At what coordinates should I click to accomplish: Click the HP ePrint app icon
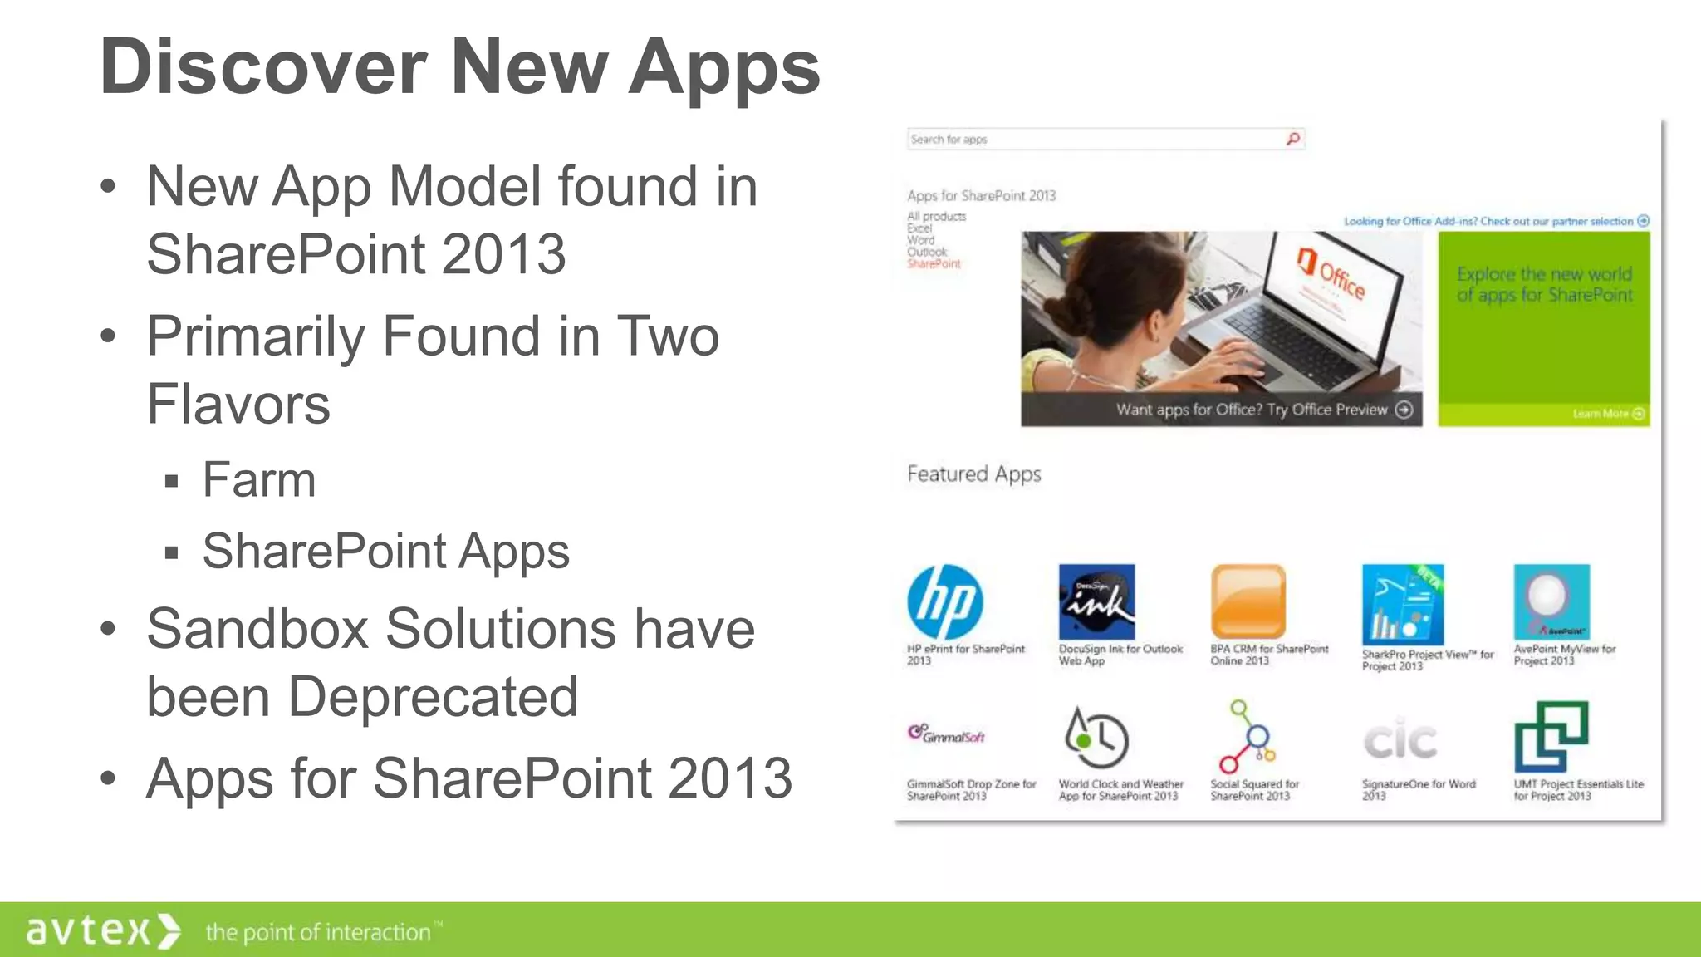click(945, 602)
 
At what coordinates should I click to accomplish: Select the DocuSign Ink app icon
click(1096, 602)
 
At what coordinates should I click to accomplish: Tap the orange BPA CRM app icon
click(1248, 602)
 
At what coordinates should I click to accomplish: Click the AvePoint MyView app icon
click(1551, 602)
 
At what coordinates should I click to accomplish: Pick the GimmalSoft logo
click(946, 735)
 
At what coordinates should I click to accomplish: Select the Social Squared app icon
click(1247, 737)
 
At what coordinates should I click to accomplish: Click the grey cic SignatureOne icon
click(1400, 740)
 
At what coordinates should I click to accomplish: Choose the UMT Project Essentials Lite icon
click(1551, 737)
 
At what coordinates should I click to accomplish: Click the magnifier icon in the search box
click(1293, 139)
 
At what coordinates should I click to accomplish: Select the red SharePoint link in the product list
click(934, 264)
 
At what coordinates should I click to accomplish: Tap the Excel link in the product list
click(919, 228)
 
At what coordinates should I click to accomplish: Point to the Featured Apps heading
click(973, 474)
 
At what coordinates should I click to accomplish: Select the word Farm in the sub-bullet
click(259, 480)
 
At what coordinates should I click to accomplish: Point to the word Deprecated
click(433, 697)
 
